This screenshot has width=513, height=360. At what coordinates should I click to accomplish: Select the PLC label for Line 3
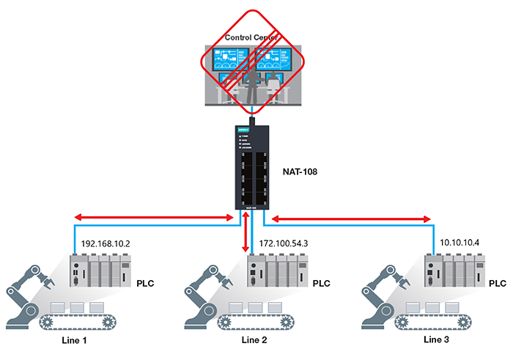497,282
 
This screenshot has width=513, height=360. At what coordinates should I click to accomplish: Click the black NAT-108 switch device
251,169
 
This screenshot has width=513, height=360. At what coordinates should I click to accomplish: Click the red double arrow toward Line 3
352,218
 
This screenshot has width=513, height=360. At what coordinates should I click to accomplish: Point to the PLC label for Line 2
322,283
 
